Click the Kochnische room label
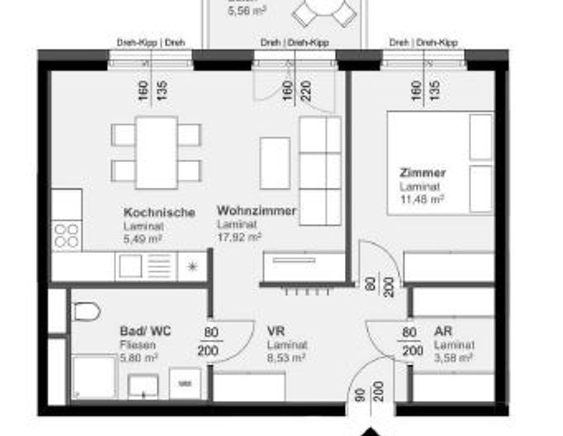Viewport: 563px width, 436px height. pyautogui.click(x=159, y=213)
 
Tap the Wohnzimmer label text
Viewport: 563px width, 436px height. pyautogui.click(x=256, y=211)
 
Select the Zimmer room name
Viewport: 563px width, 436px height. pyautogui.click(x=422, y=173)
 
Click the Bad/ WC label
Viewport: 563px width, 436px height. pyautogui.click(x=145, y=331)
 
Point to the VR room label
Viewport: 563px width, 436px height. pyautogui.click(x=276, y=331)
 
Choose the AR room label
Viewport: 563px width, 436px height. pyautogui.click(x=443, y=331)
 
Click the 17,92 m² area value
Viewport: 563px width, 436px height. pyautogui.click(x=239, y=237)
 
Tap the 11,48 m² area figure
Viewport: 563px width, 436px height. pyautogui.click(x=422, y=200)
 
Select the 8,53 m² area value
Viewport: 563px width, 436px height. pyautogui.click(x=286, y=357)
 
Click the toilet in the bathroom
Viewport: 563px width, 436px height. pyautogui.click(x=86, y=311)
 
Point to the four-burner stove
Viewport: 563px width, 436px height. pyautogui.click(x=67, y=236)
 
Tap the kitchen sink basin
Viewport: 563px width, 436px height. pyautogui.click(x=130, y=266)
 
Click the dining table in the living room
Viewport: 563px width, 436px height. pyautogui.click(x=157, y=152)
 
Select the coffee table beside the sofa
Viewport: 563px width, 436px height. pyautogui.click(x=275, y=163)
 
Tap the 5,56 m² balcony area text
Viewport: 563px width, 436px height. pyautogui.click(x=247, y=11)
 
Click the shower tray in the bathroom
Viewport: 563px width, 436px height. pyautogui.click(x=95, y=376)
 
